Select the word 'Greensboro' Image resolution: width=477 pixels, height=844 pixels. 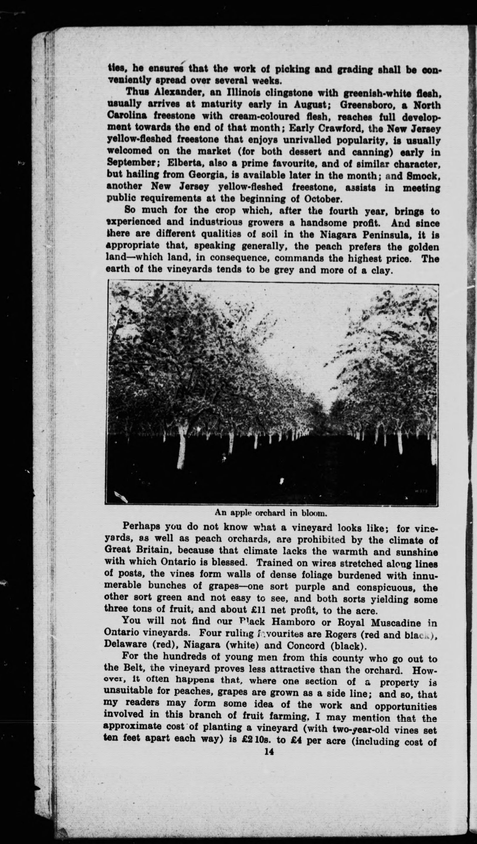[x=370, y=105]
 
